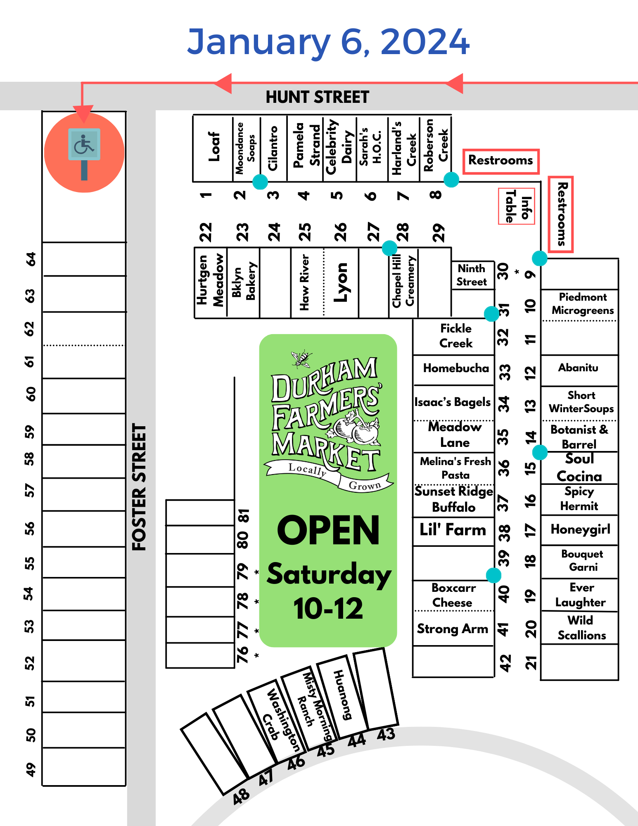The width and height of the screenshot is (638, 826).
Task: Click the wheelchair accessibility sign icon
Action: [84, 145]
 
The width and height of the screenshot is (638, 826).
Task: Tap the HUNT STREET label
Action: [317, 97]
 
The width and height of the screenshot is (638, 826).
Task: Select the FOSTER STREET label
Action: [139, 487]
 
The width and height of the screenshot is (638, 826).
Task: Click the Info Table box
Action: [517, 206]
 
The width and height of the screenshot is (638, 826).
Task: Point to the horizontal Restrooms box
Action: [500, 161]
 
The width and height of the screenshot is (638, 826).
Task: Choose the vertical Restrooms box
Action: [561, 214]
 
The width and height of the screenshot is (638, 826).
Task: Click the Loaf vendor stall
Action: [213, 147]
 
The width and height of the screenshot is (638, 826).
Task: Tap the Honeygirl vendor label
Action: [580, 529]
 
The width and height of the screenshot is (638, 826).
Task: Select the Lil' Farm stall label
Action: [453, 530]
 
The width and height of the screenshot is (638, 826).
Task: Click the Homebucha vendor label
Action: [455, 368]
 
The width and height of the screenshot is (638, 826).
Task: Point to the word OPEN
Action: [328, 531]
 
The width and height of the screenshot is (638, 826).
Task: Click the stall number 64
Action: [31, 259]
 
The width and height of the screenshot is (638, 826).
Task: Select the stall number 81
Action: [244, 515]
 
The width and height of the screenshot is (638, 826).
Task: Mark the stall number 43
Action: [386, 734]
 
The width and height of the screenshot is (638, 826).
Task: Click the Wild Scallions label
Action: [581, 628]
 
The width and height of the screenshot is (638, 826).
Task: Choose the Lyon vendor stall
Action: [341, 282]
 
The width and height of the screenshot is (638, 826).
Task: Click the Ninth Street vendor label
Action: [472, 275]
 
